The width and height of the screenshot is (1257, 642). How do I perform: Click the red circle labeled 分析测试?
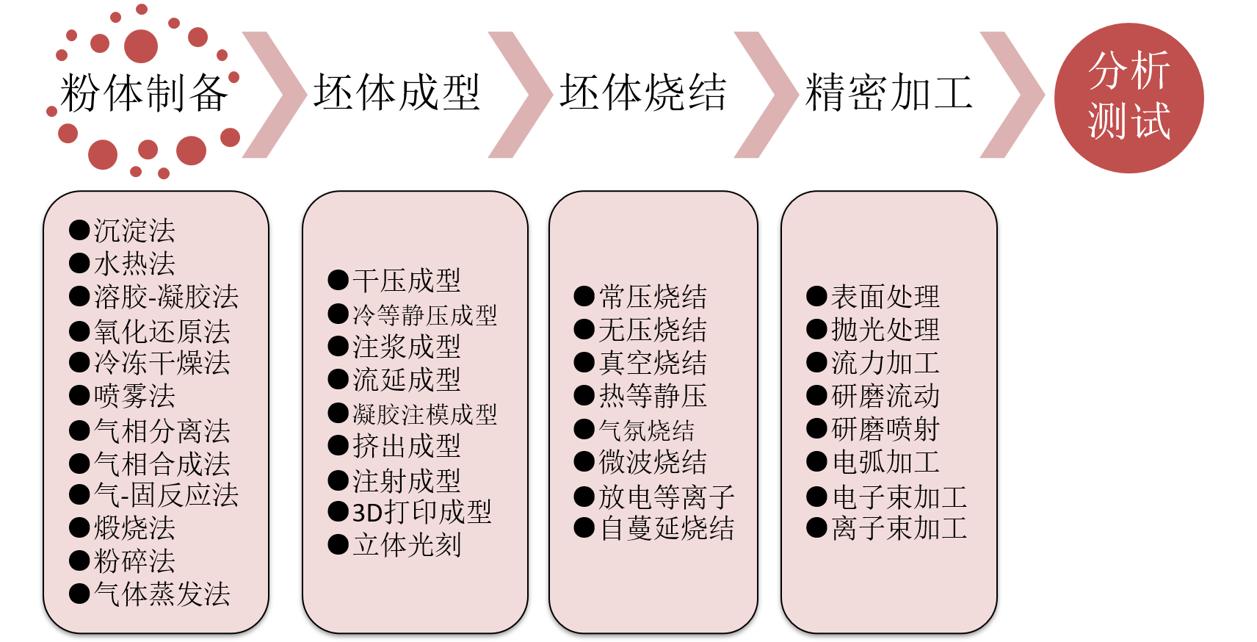(x=1129, y=98)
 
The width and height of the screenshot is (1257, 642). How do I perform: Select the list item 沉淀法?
(x=134, y=231)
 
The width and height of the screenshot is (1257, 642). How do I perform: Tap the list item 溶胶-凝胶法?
(x=166, y=297)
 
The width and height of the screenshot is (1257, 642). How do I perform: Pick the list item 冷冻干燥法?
(x=162, y=363)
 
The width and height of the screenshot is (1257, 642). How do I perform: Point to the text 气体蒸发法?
(x=162, y=594)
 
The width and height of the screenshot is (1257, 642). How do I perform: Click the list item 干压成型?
(x=406, y=281)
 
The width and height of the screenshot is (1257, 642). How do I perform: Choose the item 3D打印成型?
(x=421, y=512)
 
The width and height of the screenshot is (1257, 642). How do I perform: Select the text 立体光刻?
(x=406, y=545)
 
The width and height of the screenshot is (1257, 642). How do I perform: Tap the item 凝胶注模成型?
(x=424, y=414)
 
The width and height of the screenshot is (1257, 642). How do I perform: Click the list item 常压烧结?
(x=652, y=297)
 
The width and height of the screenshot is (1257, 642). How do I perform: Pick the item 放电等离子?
(x=666, y=497)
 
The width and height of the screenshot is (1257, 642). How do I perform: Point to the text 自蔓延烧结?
(x=666, y=528)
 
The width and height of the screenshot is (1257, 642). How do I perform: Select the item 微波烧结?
(x=652, y=462)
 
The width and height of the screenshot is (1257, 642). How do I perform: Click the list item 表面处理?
(x=885, y=297)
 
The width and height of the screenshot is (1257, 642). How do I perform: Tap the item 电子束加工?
(x=899, y=497)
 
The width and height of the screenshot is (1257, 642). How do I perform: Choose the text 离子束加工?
(x=899, y=528)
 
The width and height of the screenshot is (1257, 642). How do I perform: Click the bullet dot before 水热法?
(x=79, y=263)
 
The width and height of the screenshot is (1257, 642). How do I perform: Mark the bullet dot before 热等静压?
(x=584, y=396)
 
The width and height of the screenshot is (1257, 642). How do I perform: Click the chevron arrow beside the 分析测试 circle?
(x=1013, y=95)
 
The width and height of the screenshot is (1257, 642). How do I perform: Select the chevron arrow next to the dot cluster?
(x=275, y=95)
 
